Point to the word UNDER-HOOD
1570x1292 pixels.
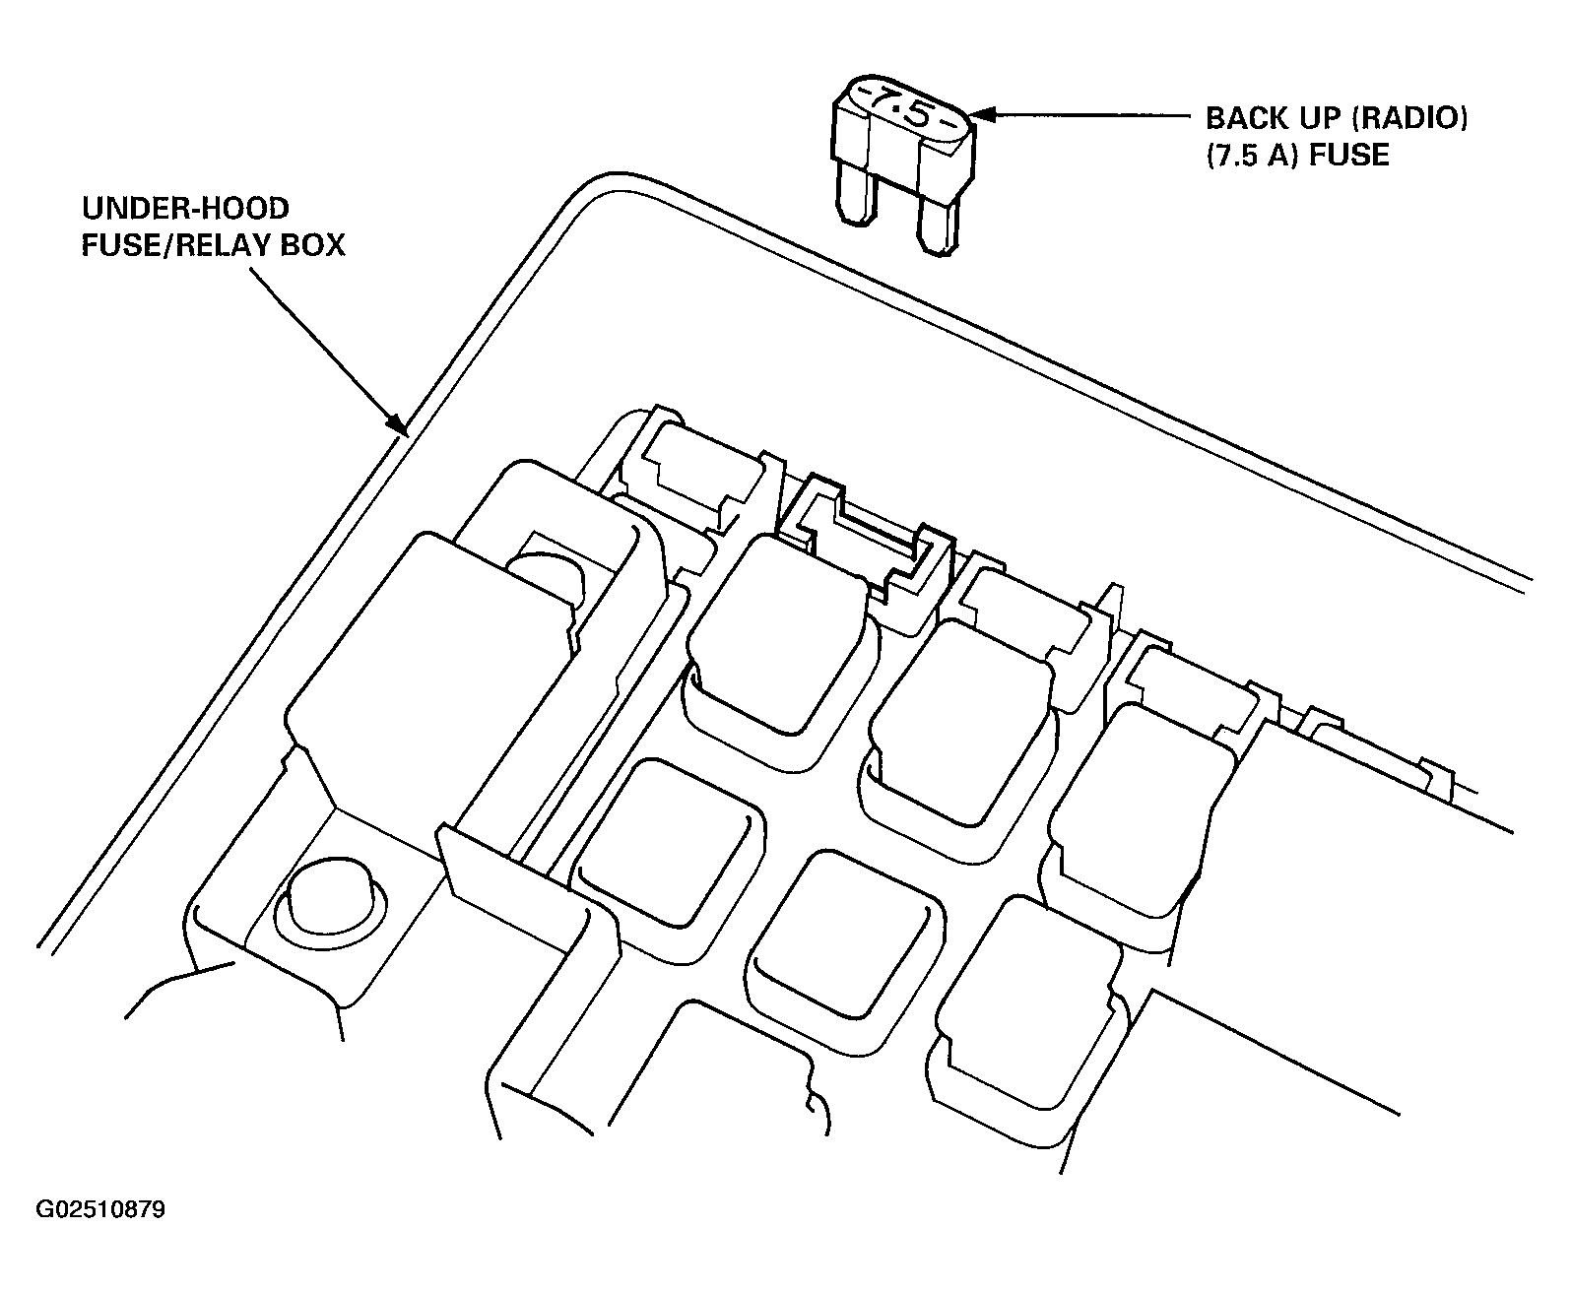(x=185, y=209)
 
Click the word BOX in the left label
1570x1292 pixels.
(x=312, y=245)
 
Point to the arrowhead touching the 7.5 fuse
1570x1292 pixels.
(x=984, y=115)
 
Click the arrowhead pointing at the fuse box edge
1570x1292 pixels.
(x=398, y=423)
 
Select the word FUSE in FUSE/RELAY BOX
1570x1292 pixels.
(x=125, y=245)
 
